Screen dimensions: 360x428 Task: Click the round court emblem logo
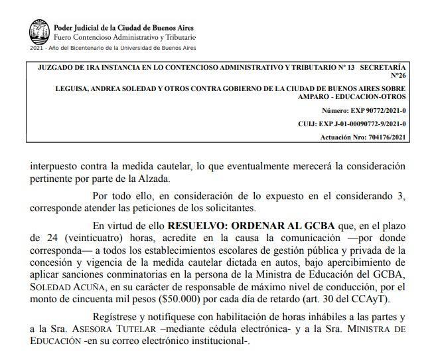click(x=39, y=31)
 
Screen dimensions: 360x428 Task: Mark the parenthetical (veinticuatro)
click(x=83, y=237)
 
